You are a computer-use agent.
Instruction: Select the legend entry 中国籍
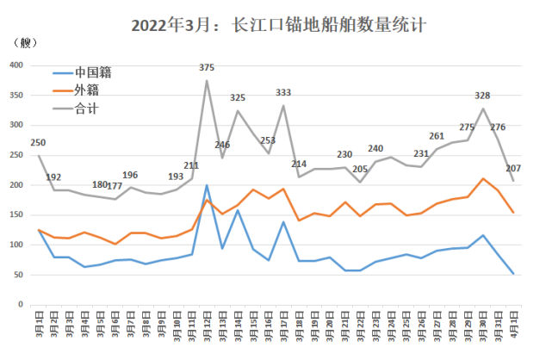tap(92, 72)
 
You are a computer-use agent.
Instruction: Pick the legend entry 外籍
tap(86, 90)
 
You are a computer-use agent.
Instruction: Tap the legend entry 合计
tap(86, 108)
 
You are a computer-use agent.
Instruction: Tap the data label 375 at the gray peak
tap(207, 67)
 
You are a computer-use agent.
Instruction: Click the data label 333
tap(283, 92)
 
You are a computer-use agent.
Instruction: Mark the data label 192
tap(53, 177)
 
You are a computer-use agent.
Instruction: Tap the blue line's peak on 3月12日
tap(207, 185)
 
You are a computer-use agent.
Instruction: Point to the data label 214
tap(299, 164)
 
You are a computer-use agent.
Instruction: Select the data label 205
tap(360, 169)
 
